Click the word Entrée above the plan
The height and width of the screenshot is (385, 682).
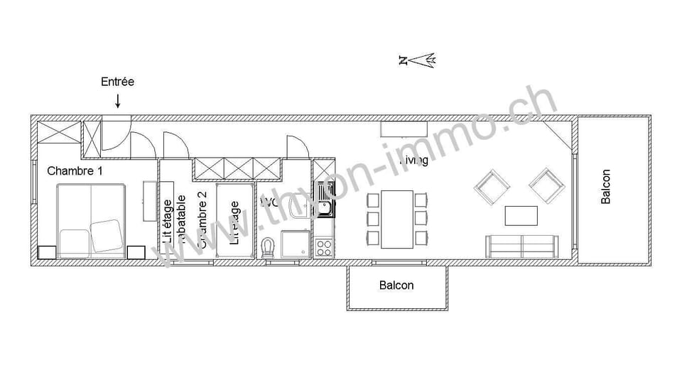pos(117,82)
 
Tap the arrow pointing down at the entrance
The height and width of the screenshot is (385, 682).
pos(118,102)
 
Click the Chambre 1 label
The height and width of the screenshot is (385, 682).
pos(75,170)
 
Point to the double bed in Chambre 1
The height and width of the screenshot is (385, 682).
pos(91,221)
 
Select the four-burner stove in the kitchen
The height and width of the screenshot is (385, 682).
pos(324,248)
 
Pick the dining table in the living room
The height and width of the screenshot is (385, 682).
pos(396,219)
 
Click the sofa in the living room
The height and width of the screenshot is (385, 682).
pos(522,246)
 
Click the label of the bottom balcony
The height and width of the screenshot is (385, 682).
pos(396,286)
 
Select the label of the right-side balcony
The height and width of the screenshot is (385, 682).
pos(605,186)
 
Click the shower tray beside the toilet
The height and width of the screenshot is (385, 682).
pos(295,246)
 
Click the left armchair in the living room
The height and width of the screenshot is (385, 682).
pos(493,185)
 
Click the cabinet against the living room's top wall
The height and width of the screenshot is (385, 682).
pos(402,129)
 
